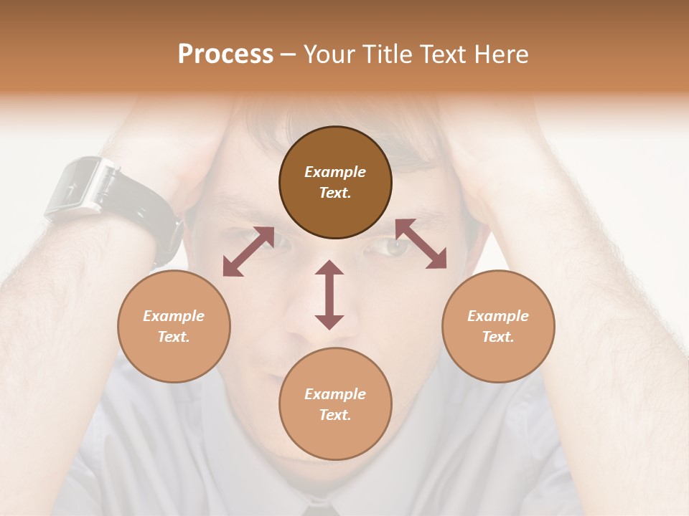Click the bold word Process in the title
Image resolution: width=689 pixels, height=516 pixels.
coord(225,54)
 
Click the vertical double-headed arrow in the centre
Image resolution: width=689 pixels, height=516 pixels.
coord(329,295)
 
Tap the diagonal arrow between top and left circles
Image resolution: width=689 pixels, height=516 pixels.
coord(248,252)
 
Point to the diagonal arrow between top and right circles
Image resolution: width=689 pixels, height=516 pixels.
coord(421,244)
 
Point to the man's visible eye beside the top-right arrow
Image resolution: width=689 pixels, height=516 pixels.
coord(394,247)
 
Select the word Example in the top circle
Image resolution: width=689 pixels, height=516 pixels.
coord(335,172)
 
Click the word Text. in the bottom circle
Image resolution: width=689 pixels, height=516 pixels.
coord(335,415)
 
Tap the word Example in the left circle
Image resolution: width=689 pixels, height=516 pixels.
coord(174,316)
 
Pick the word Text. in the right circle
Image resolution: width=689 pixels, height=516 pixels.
coord(498,337)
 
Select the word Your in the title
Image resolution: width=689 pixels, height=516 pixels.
coord(328,54)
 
